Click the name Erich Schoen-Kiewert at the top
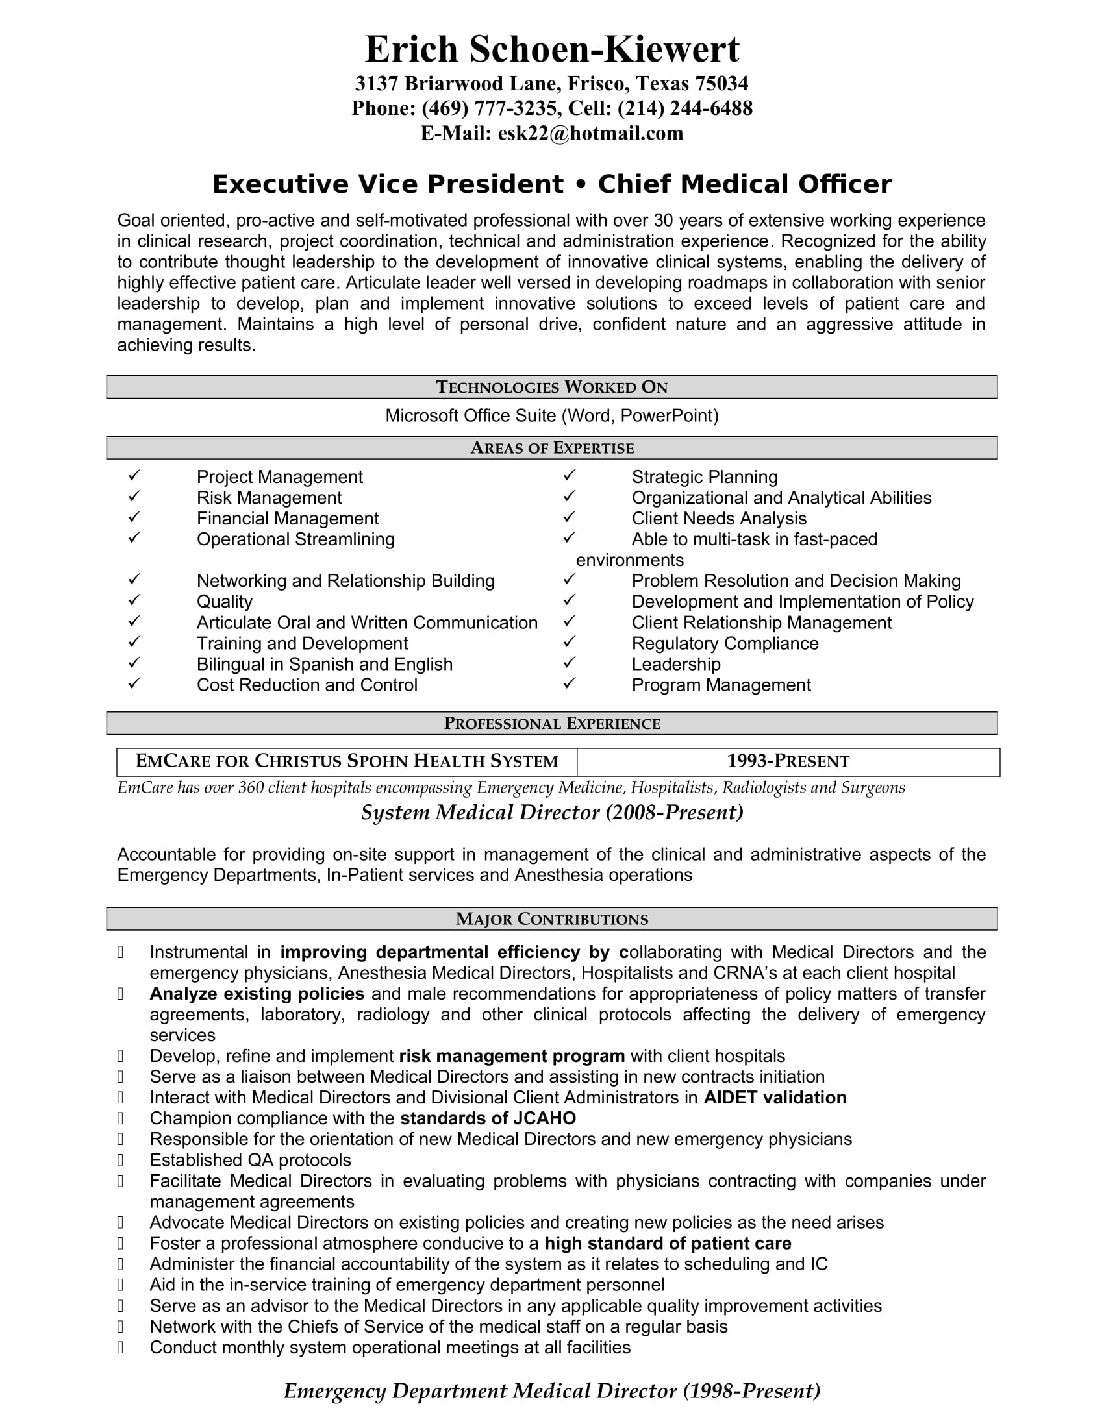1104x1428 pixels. [552, 49]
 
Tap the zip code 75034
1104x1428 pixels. [721, 84]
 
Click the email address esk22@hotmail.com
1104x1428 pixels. [590, 133]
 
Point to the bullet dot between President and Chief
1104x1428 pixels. [580, 184]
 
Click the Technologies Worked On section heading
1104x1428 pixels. [552, 387]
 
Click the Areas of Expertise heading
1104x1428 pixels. [552, 448]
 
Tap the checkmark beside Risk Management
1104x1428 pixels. [134, 497]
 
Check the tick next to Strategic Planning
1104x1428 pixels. [569, 476]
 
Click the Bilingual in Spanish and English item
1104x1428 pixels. [325, 664]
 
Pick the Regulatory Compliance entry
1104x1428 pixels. [725, 643]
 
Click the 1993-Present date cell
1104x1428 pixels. [788, 762]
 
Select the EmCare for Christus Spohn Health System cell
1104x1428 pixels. [347, 762]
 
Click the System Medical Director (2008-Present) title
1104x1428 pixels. [552, 813]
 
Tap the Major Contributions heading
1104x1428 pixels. [552, 919]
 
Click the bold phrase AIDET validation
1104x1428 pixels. [774, 1098]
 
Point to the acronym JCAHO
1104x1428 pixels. [544, 1119]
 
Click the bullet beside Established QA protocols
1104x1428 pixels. [120, 1160]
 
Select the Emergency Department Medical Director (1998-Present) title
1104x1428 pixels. [552, 1391]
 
